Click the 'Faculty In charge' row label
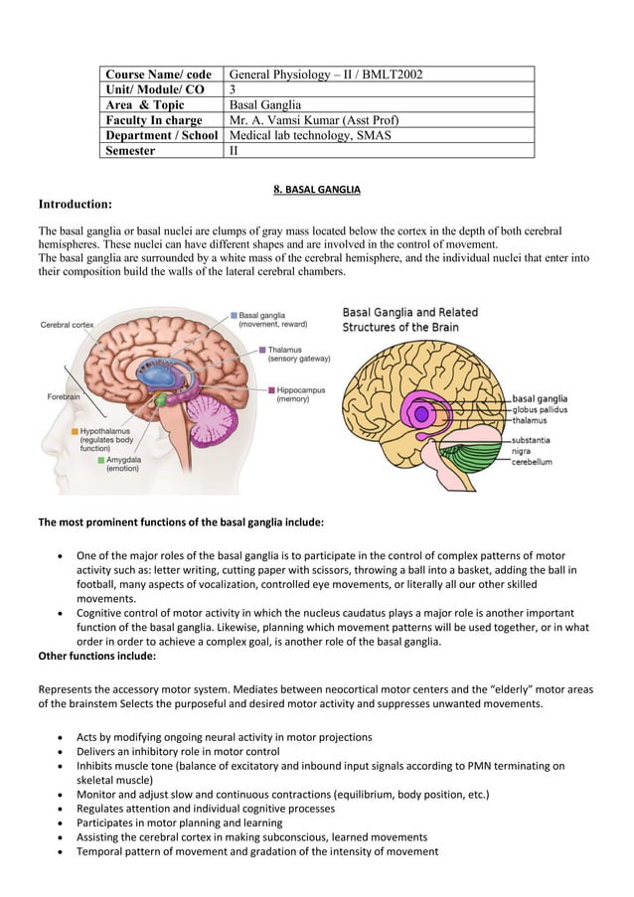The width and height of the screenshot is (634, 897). [153, 120]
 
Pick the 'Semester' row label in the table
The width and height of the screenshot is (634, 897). [137, 151]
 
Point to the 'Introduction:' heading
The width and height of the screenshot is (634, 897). [75, 204]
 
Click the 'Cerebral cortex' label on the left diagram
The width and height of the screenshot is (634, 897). [68, 324]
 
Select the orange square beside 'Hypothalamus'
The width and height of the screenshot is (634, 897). [74, 432]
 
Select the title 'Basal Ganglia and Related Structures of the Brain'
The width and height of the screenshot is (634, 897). [409, 319]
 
